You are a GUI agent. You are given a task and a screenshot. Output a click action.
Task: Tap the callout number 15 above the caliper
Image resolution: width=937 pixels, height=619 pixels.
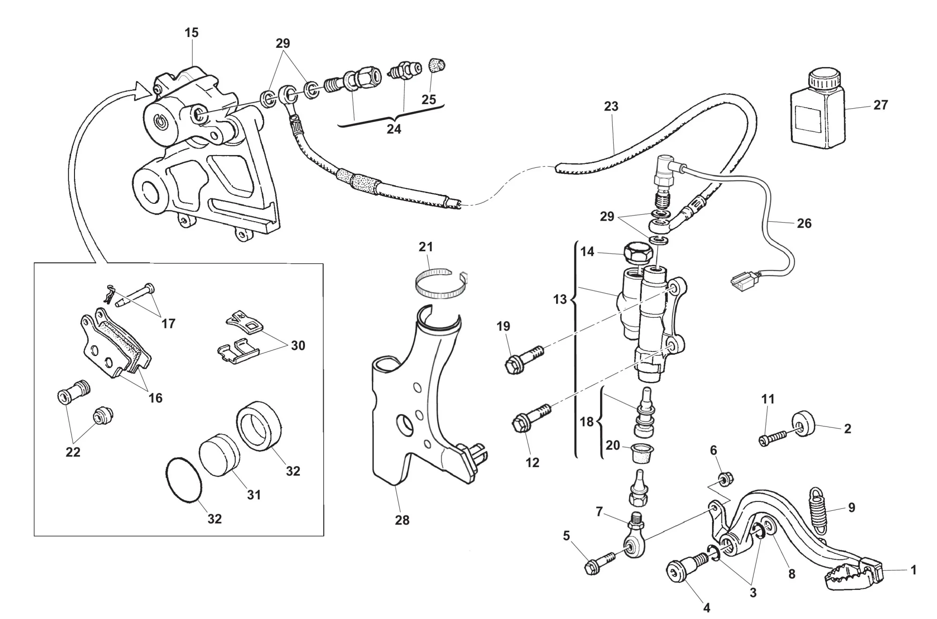(192, 33)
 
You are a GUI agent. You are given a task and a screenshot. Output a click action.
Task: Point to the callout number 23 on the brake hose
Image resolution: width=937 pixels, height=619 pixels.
(611, 106)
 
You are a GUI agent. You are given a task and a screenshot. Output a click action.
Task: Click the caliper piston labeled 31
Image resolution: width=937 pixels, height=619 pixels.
(218, 457)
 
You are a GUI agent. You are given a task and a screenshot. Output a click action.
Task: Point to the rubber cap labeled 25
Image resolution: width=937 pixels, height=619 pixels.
(437, 66)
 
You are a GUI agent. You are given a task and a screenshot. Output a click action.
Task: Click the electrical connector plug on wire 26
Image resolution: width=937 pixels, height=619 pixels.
(740, 282)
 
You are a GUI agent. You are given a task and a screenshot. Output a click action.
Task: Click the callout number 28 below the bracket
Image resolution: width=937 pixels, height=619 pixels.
(402, 520)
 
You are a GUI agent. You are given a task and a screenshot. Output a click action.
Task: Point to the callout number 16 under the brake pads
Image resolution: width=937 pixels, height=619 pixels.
(156, 398)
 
